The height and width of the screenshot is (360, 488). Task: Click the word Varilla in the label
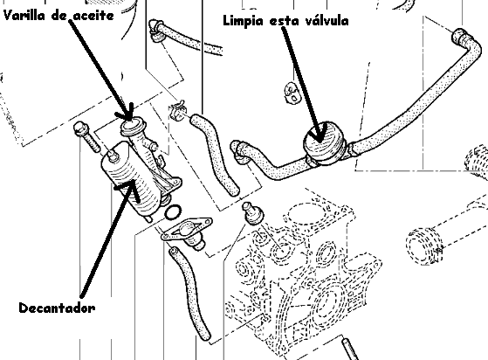[x=24, y=15]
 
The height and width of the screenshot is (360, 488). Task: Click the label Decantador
[x=57, y=308]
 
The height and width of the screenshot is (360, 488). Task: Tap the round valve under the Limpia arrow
[x=324, y=142]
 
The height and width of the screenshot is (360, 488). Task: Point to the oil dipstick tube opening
[x=132, y=125]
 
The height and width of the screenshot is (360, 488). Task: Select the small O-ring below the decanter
[x=173, y=212]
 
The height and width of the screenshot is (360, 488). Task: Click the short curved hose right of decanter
[x=215, y=154]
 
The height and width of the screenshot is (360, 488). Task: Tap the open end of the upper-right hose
[x=459, y=37]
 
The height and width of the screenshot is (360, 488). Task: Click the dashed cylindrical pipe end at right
[x=423, y=246]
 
